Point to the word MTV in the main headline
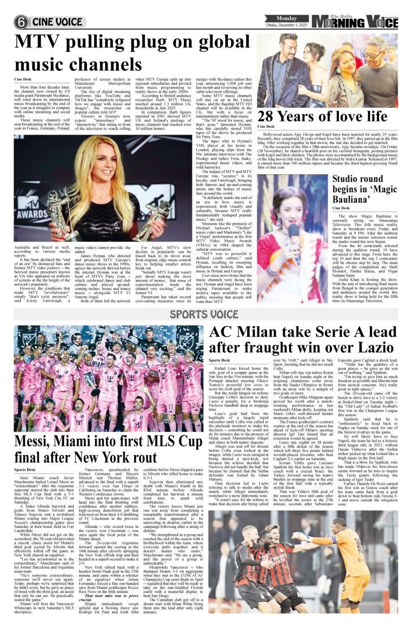[42, 44]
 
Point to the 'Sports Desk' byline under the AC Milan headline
[221, 360]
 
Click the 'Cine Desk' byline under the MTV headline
[23, 80]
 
